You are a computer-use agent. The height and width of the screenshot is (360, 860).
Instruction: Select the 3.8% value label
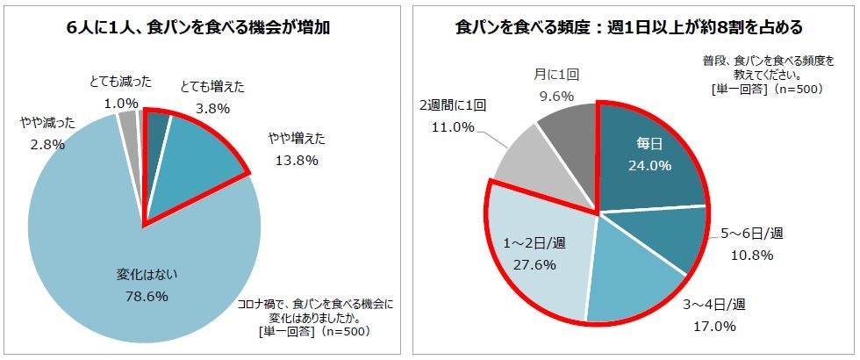tap(210, 110)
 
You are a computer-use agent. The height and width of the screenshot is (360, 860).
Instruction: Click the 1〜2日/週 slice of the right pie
tap(535, 255)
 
